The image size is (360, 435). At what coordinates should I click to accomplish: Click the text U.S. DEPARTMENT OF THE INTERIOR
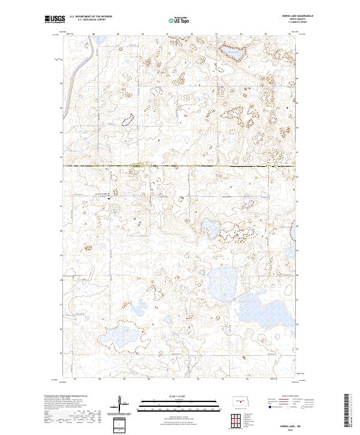click(x=91, y=17)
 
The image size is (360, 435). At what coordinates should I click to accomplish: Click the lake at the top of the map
click(x=233, y=54)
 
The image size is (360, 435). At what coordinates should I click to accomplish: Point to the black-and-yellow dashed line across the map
click(x=180, y=166)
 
